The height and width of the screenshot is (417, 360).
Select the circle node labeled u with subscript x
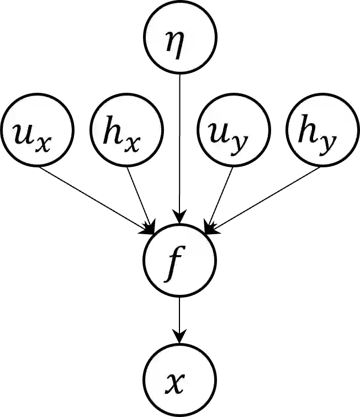tap(37, 130)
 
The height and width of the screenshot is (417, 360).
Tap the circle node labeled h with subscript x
tap(127, 130)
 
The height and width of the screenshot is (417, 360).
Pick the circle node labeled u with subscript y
tap(234, 130)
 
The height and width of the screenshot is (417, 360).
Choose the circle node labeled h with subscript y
tap(323, 130)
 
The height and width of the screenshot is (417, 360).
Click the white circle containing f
tap(179, 260)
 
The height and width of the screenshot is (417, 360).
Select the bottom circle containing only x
tap(179, 380)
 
